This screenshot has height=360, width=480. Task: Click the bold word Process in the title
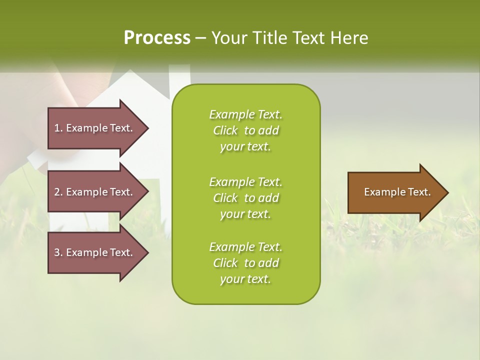click(x=157, y=37)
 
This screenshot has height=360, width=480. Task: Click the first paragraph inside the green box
click(x=245, y=130)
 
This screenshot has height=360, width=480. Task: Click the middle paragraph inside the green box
click(x=245, y=197)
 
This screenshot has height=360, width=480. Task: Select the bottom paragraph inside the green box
click(x=245, y=263)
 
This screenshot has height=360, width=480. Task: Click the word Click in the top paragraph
click(x=225, y=130)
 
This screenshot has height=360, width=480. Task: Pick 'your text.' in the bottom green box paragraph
click(x=245, y=279)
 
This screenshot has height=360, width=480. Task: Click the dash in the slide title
click(x=201, y=37)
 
